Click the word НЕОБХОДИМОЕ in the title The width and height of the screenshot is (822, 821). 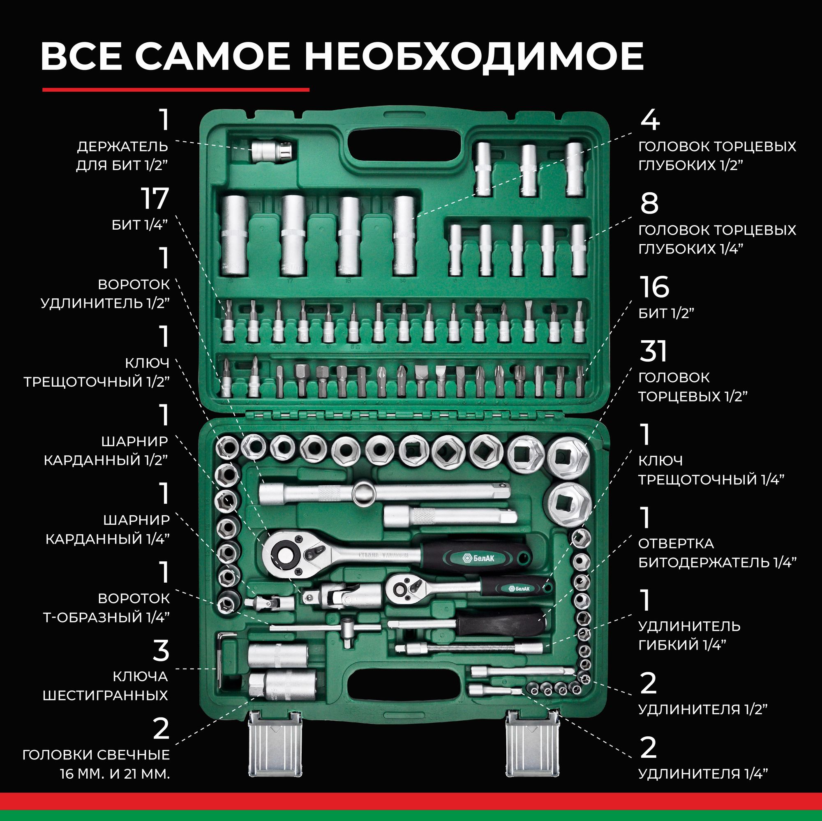tap(473, 56)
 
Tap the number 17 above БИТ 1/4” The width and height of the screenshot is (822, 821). tap(155, 198)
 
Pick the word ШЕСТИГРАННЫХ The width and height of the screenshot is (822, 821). tap(106, 696)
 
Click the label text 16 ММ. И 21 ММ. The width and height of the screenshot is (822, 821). tap(115, 774)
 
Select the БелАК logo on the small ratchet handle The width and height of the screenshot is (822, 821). tap(519, 588)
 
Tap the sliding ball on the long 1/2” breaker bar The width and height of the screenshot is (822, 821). tap(365, 494)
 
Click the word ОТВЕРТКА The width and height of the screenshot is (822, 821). tap(676, 543)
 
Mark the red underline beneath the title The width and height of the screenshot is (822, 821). tap(176, 90)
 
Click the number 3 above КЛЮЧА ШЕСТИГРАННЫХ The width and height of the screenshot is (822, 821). tap(161, 650)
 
